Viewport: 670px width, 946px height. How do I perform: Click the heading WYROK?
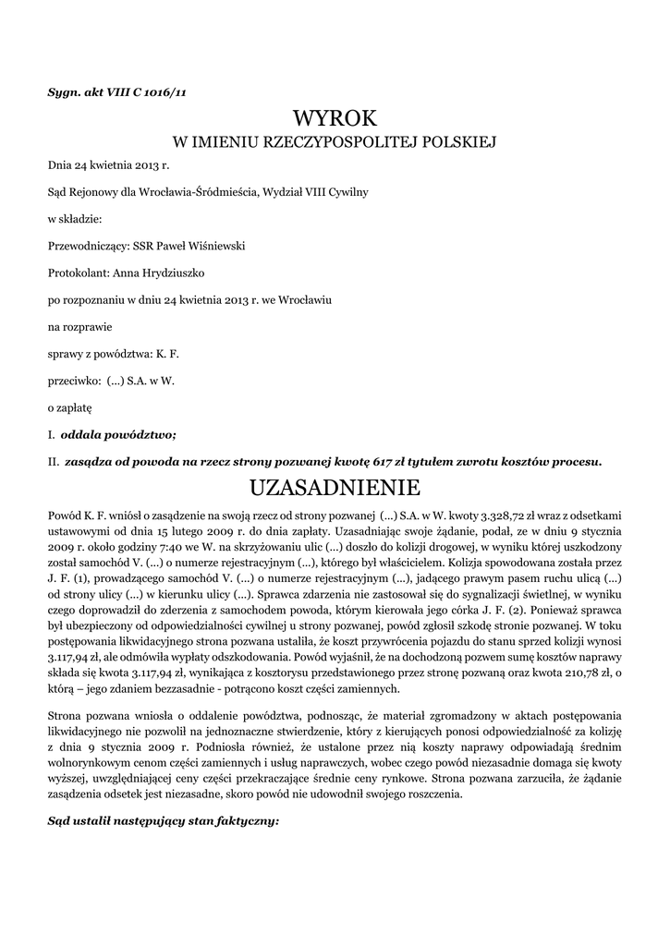(x=335, y=118)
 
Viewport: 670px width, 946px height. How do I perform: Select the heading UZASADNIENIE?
(x=335, y=486)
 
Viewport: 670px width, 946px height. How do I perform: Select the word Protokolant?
(x=78, y=273)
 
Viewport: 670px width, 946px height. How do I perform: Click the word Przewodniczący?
(x=82, y=246)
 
